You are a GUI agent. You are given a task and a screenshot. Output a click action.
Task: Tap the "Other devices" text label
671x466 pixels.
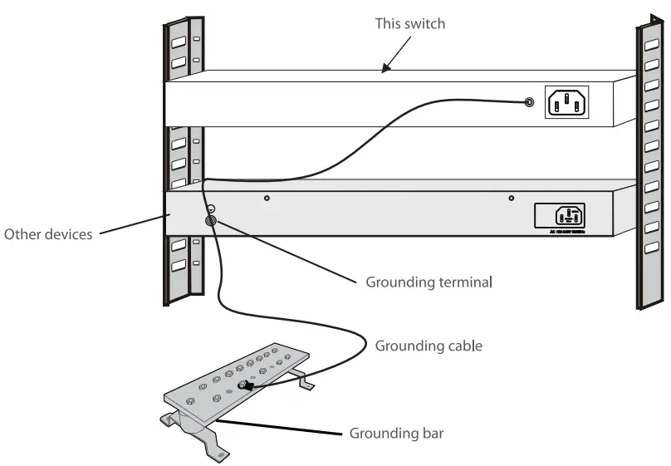(48, 234)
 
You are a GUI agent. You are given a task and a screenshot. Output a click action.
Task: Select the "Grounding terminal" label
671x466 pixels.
(429, 282)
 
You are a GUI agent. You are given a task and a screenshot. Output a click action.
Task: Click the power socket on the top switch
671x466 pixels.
(566, 103)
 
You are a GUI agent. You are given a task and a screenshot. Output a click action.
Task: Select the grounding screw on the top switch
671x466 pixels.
(528, 103)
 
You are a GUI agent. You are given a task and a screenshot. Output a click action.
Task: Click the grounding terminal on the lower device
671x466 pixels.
(210, 221)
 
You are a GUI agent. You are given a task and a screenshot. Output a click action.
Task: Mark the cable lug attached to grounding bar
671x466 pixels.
(247, 385)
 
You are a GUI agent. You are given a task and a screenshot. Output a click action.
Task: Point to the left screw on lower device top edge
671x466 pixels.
(266, 199)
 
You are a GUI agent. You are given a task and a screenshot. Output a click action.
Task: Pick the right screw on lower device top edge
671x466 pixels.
(511, 198)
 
